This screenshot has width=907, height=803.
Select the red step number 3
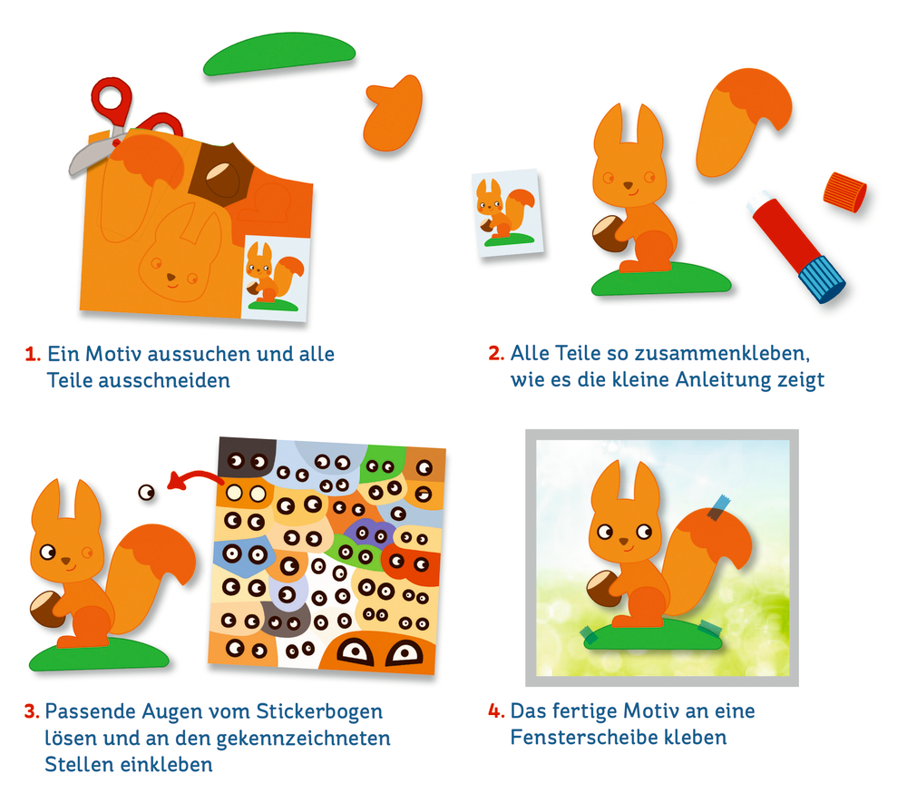[31, 711]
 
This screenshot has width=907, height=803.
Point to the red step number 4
[496, 711]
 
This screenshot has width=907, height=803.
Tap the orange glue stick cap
[844, 191]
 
